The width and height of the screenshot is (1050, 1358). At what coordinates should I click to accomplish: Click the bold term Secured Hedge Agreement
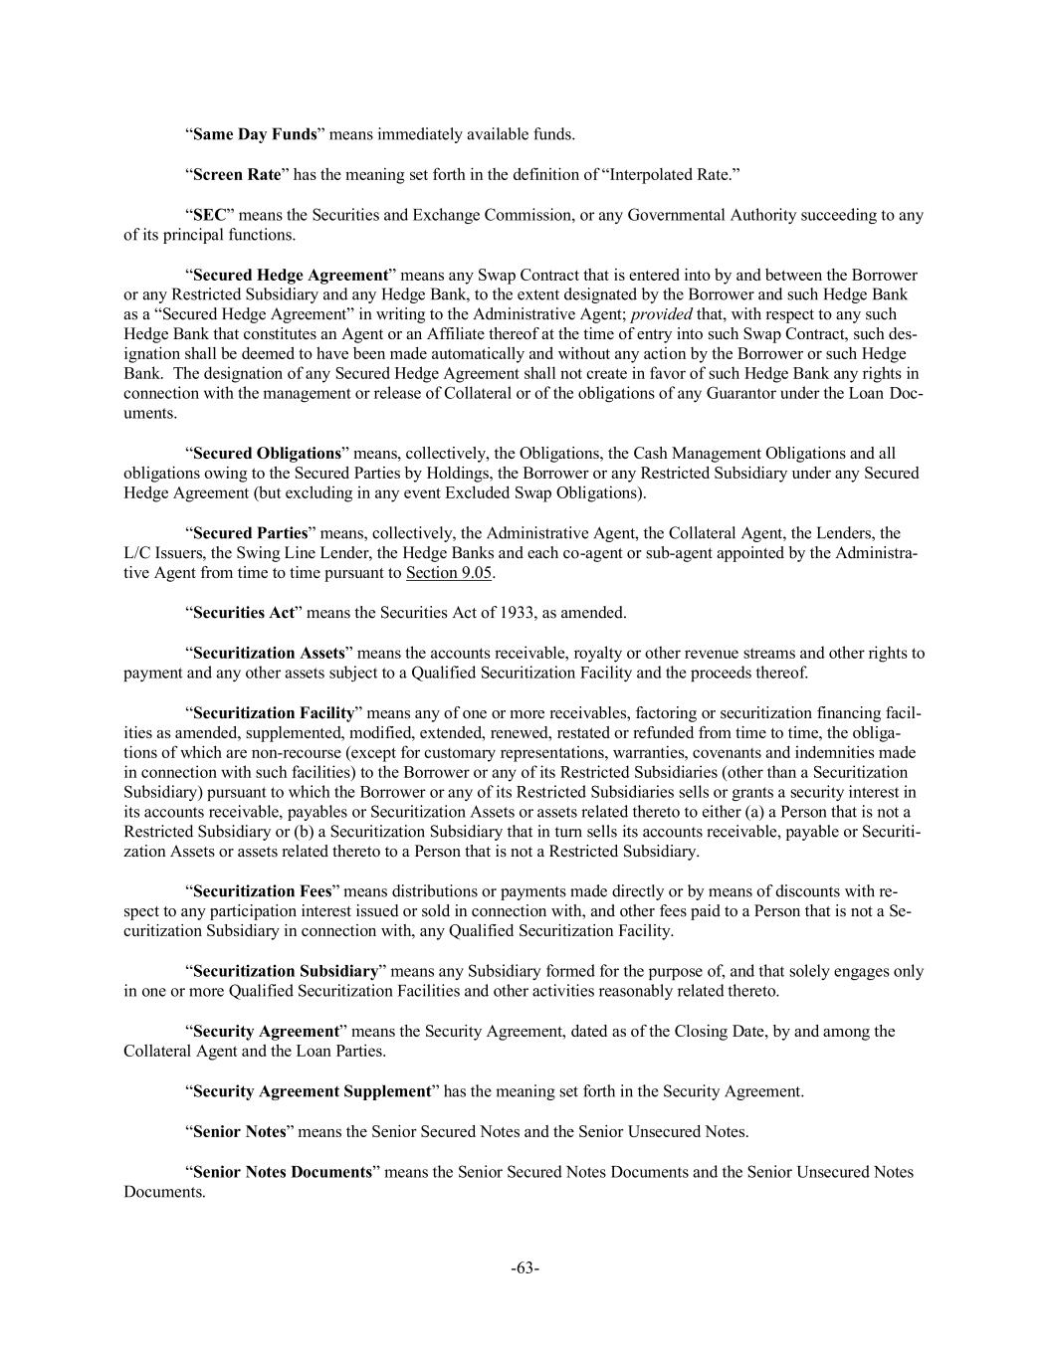coord(290,275)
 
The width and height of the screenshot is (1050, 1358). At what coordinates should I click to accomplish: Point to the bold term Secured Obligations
coord(267,454)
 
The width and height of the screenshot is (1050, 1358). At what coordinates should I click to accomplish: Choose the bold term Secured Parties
coord(250,533)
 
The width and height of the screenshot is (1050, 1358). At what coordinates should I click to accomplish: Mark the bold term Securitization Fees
coord(263,891)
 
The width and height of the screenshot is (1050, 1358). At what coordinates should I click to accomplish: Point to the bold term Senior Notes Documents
coord(282,1172)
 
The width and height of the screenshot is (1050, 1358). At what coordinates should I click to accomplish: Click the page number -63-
coord(525,1268)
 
